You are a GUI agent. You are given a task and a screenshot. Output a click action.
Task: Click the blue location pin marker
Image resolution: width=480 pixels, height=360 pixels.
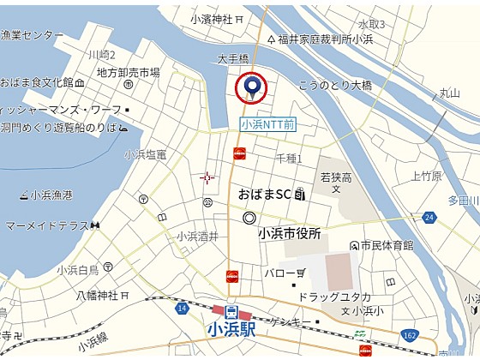point(252,86)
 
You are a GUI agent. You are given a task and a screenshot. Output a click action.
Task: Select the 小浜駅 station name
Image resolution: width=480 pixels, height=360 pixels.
point(231,327)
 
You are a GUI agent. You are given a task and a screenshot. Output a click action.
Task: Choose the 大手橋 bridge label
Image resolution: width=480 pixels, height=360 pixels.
point(233,59)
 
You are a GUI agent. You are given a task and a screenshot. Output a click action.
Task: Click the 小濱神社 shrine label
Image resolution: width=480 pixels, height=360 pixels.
point(212,18)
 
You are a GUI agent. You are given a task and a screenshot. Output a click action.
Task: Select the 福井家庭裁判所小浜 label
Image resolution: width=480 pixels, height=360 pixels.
point(325,39)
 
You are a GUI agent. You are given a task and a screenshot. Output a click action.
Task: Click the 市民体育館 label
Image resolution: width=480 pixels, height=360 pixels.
point(387,245)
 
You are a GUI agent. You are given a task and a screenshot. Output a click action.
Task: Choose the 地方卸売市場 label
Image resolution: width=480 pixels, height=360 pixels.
point(129,73)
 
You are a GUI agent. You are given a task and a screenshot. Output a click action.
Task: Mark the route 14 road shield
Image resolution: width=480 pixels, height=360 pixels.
point(182,306)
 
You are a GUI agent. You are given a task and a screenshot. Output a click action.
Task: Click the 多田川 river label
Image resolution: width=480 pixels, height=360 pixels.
point(464,201)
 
